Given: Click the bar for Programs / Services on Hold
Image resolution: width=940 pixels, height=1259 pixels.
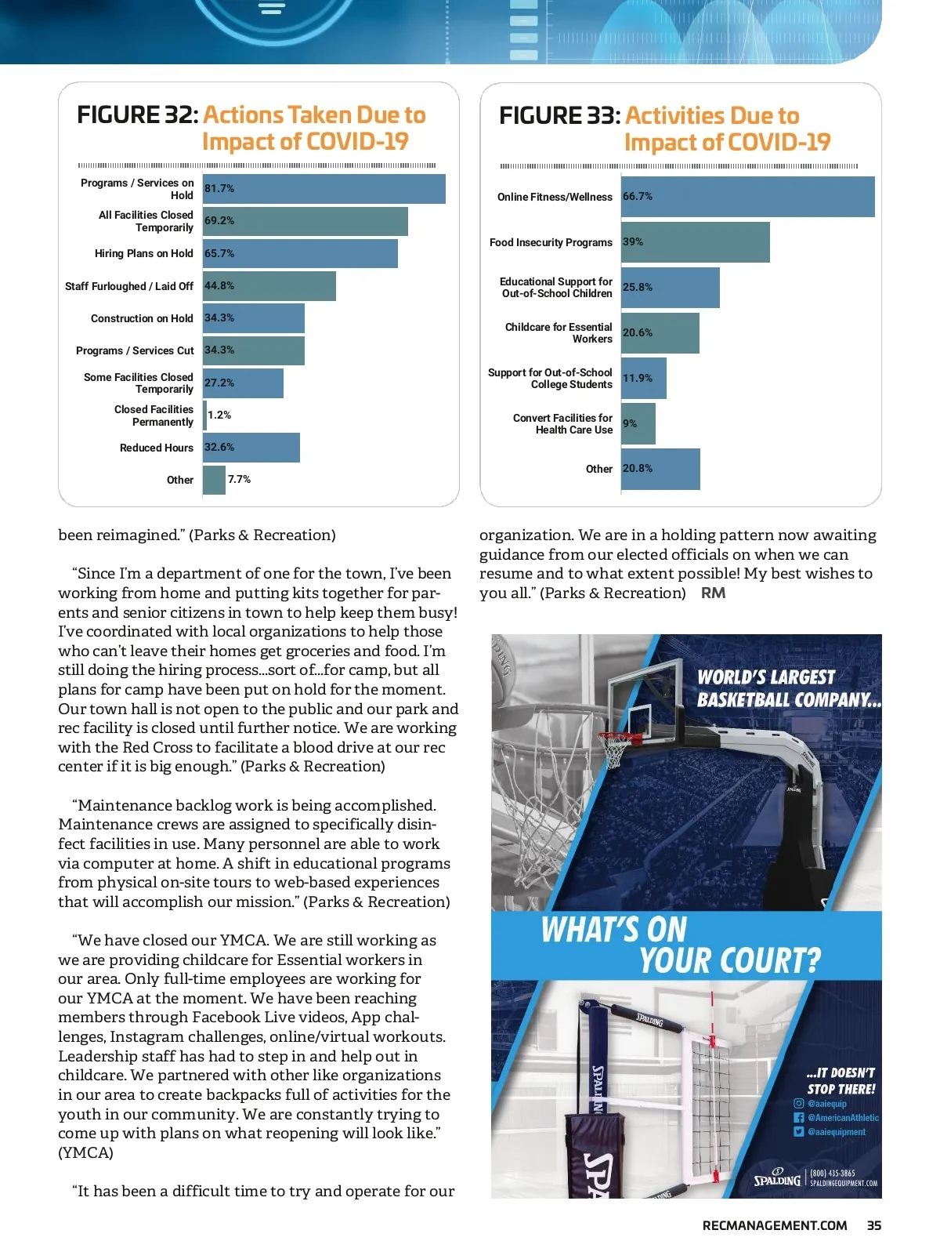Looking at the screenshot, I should (x=324, y=189).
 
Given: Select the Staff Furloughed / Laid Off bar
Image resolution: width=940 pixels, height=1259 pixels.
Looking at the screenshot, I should (x=269, y=286).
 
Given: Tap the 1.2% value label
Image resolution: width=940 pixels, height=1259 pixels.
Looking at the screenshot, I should (x=219, y=415).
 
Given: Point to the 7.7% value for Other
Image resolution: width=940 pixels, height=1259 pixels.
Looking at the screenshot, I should (x=239, y=480).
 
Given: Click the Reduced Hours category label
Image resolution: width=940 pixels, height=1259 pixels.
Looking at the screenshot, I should (x=156, y=448).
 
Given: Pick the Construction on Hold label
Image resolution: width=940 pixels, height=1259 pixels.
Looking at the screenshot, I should (x=142, y=318).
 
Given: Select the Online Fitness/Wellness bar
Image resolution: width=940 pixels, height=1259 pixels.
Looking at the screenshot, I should (x=747, y=197).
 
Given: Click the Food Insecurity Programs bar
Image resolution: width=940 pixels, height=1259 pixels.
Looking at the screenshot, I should (x=695, y=242).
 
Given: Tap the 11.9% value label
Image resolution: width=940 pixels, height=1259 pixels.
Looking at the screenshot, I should (x=638, y=378).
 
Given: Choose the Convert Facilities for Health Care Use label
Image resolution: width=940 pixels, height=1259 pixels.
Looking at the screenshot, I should (x=562, y=424).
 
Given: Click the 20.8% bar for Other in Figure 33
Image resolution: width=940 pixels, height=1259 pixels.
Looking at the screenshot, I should (x=660, y=469).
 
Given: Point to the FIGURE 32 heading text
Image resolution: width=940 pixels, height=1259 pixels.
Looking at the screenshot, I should (x=138, y=115).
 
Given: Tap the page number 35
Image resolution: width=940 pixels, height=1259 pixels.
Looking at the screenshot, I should (x=874, y=1225).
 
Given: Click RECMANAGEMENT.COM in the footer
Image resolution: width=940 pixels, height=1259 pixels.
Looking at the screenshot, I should (x=775, y=1225).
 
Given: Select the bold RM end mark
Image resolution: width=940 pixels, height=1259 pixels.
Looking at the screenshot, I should (x=713, y=593).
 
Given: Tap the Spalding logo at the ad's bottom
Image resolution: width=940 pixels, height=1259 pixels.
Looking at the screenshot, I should (x=777, y=1178).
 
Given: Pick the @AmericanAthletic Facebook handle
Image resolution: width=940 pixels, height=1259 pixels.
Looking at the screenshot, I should (x=843, y=1118).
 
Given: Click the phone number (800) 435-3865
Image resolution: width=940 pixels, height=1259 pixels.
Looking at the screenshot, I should (x=832, y=1174).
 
